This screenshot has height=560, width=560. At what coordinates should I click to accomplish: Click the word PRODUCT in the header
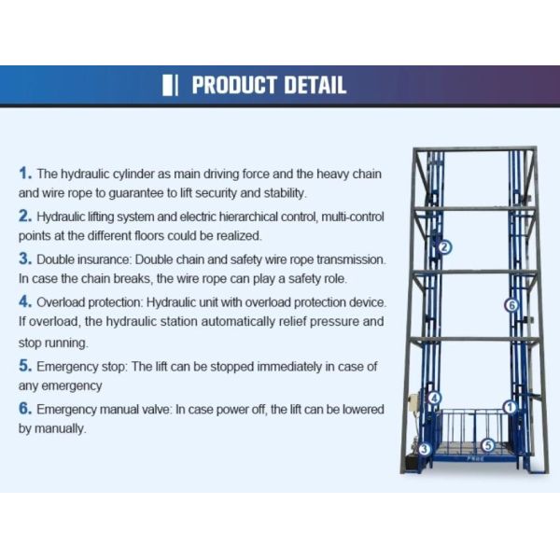click(234, 85)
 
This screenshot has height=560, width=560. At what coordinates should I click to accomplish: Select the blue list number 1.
click(25, 174)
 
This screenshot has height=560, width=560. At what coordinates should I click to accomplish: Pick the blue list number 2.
click(25, 217)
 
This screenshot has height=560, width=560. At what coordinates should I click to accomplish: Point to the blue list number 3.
click(25, 259)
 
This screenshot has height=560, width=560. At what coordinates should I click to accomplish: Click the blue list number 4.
click(25, 301)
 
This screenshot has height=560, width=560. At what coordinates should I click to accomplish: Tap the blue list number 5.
click(25, 366)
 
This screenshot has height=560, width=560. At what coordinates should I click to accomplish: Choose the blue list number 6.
click(25, 409)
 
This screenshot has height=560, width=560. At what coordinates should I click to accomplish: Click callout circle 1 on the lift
click(510, 407)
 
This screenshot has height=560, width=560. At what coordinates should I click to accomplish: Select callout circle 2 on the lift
click(444, 246)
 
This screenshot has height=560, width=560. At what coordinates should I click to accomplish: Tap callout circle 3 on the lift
click(425, 449)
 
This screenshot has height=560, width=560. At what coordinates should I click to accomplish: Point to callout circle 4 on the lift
click(435, 398)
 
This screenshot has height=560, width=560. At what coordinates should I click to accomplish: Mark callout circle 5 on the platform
click(488, 445)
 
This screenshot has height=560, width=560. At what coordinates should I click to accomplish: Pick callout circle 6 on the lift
click(511, 305)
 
